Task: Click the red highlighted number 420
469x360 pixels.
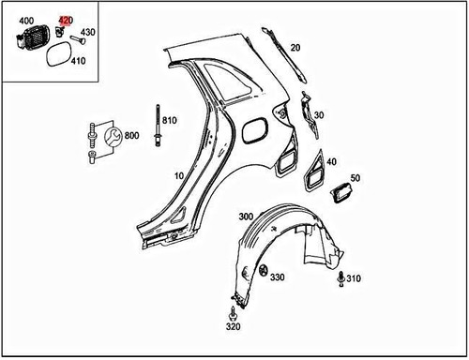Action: pos(65,20)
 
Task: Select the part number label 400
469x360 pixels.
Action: pos(26,20)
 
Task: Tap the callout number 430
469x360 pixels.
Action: pos(88,33)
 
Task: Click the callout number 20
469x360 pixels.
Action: pos(295,47)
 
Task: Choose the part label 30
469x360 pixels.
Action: pos(319,115)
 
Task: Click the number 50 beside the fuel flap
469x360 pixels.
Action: pos(356,177)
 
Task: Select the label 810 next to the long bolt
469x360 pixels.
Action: pos(169,120)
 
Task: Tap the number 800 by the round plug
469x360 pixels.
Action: pos(131,136)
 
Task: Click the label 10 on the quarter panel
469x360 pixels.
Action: pos(179,175)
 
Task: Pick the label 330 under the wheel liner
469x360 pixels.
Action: pos(277,277)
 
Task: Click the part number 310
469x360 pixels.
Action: pos(353,279)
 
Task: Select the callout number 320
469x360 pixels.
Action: pos(233,328)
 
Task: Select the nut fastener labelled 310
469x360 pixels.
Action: pos(340,277)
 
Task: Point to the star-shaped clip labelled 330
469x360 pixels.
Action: pos(260,271)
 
